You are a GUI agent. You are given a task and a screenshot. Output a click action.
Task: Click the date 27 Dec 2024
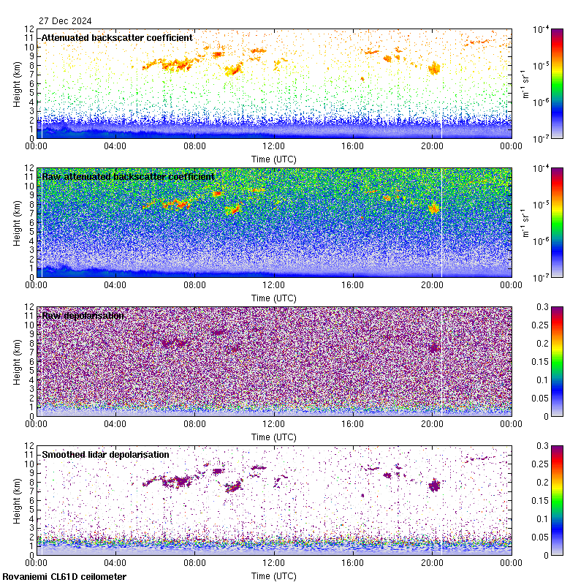(x=61, y=21)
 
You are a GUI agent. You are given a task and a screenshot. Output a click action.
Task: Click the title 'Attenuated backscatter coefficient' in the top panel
(x=117, y=37)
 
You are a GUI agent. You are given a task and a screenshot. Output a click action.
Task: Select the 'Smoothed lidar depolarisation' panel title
(x=105, y=454)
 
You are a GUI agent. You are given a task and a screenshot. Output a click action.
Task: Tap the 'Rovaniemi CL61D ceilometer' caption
(x=64, y=577)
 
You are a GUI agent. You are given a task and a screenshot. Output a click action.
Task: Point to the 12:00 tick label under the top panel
(x=274, y=146)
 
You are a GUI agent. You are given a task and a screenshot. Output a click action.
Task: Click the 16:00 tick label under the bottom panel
(x=353, y=563)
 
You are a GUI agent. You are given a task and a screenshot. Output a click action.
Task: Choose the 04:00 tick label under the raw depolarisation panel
(x=115, y=424)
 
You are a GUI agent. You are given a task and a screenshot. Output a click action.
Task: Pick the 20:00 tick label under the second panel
(x=432, y=285)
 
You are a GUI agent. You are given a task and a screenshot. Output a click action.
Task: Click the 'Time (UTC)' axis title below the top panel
(x=274, y=158)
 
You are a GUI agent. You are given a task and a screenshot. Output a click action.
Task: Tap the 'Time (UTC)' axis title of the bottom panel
(x=274, y=575)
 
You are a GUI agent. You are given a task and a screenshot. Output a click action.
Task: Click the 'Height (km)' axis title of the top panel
(x=17, y=83)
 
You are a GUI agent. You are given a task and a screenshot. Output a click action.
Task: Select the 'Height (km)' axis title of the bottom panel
(x=17, y=500)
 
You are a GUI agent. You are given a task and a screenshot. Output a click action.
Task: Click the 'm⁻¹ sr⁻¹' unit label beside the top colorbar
(x=524, y=83)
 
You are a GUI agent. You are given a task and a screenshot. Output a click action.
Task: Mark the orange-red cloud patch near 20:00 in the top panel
(x=435, y=68)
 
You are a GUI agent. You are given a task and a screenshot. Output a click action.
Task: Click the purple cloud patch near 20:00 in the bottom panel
(x=435, y=486)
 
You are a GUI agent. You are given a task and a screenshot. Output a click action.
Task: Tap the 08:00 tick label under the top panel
(x=194, y=146)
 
